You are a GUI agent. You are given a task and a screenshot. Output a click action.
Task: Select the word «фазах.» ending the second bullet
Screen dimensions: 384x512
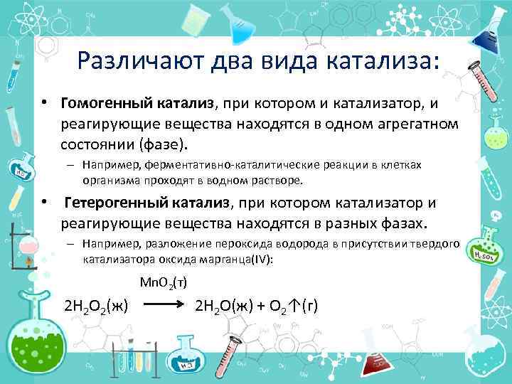407,224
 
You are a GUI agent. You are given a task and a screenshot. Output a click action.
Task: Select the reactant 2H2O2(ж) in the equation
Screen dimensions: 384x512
96,307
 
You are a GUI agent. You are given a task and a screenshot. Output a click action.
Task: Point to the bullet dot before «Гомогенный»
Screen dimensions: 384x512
44,104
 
